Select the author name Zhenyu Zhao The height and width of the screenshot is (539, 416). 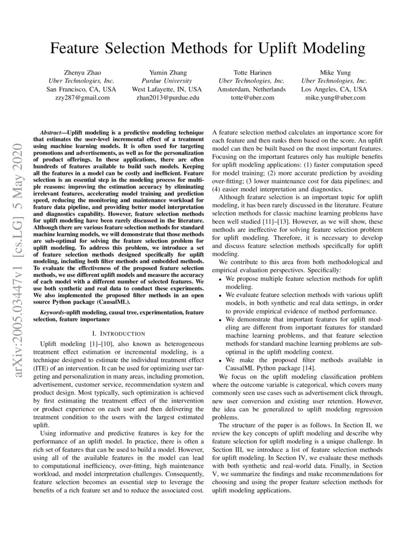[x=81, y=72]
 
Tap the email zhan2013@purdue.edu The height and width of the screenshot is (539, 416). [x=166, y=98]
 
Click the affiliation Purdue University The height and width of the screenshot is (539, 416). [x=166, y=81]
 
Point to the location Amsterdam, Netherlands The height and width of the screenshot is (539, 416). [x=252, y=89]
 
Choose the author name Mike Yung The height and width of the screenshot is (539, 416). [x=334, y=72]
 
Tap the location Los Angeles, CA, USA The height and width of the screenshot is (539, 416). [x=334, y=89]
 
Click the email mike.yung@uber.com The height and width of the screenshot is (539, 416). [x=334, y=98]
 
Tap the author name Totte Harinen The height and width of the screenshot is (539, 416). [x=252, y=72]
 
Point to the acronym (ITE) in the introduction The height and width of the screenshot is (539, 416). [x=47, y=368]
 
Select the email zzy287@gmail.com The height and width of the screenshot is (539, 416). [x=81, y=98]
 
